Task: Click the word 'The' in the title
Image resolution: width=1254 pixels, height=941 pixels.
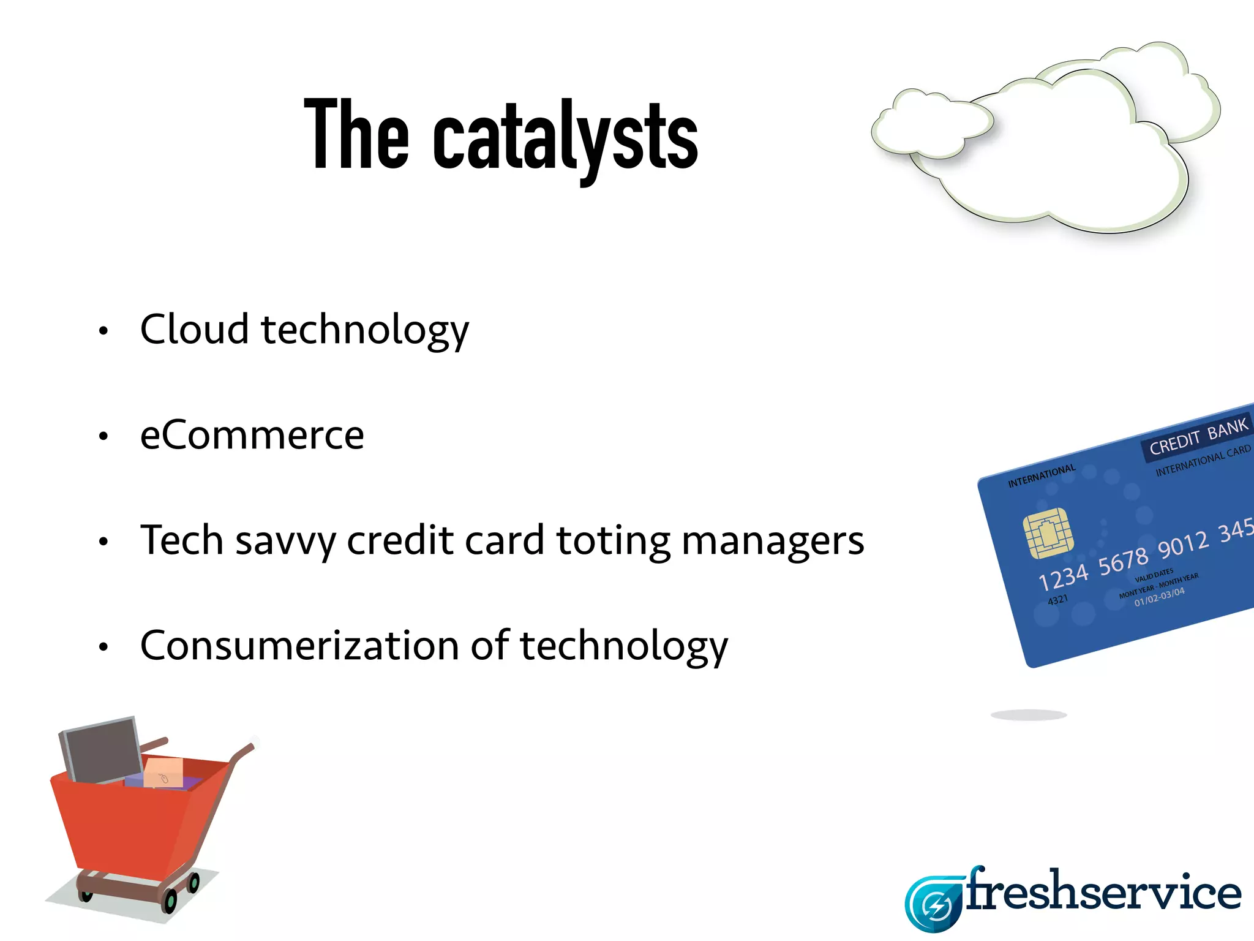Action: point(356,134)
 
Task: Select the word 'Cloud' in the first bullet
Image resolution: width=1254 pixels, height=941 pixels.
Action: point(194,330)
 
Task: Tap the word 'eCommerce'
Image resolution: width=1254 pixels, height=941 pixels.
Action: point(252,436)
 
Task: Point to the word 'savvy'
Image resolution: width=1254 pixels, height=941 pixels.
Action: point(285,542)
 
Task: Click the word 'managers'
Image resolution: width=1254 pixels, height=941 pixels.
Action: point(772,542)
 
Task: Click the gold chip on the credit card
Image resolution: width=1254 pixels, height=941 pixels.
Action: point(1048,533)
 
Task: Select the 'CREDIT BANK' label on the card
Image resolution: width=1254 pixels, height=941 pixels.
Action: point(1198,436)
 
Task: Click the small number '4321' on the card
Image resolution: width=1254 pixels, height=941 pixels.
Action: point(1057,600)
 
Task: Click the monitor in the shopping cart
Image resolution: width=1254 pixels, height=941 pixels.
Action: point(101,750)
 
